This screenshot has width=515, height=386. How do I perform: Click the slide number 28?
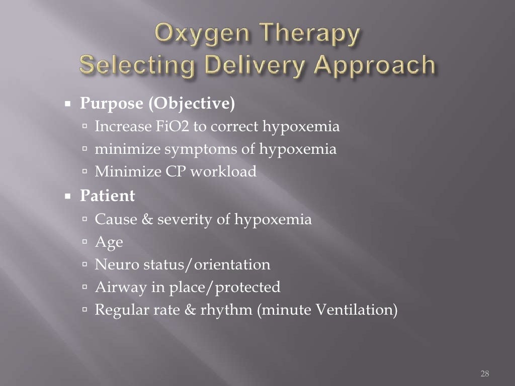(x=485, y=373)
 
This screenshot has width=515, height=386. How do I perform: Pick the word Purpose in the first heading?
(x=110, y=104)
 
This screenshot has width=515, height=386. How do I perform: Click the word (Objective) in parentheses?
(x=191, y=104)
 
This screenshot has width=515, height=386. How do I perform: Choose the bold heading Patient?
(x=107, y=196)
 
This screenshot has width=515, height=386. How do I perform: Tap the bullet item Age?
(x=109, y=243)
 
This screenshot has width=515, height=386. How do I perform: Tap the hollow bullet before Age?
(x=85, y=243)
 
